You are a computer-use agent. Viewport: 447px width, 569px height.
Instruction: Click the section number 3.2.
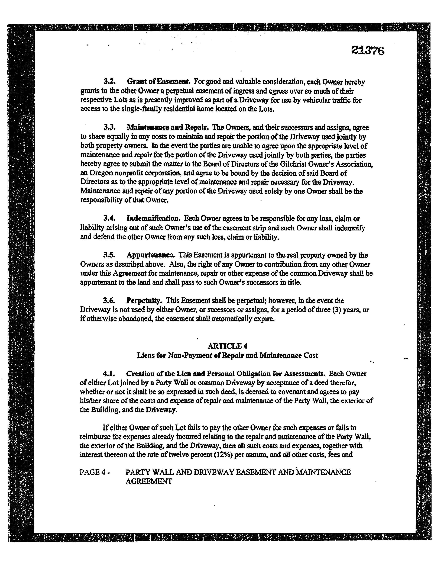click(109, 82)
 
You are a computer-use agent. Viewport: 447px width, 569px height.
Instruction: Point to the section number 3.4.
click(109, 218)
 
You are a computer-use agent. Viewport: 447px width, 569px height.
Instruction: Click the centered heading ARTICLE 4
click(227, 346)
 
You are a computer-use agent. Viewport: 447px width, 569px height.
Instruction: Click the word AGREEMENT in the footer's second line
click(149, 481)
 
